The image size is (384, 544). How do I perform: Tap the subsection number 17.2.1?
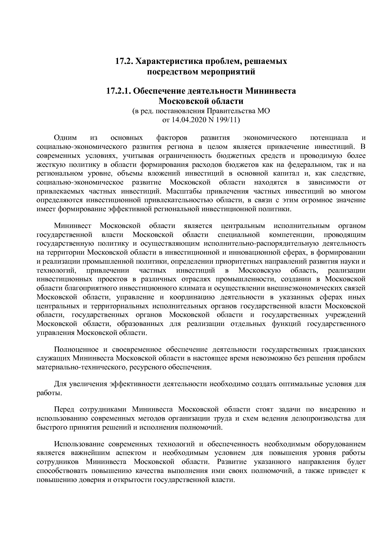pyautogui.click(x=119, y=91)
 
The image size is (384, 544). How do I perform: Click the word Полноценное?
pyautogui.click(x=76, y=350)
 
